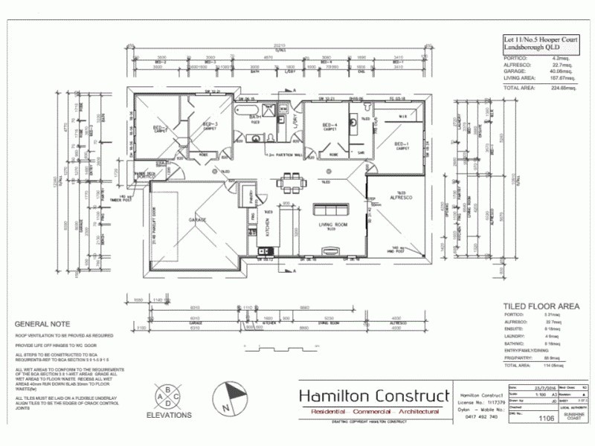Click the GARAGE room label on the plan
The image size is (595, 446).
click(197, 221)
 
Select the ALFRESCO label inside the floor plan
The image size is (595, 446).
click(401, 198)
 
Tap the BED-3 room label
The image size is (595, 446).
click(210, 124)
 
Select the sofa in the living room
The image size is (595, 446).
click(331, 209)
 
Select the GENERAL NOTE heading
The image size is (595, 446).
click(42, 324)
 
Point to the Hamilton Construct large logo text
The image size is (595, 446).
click(374, 395)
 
